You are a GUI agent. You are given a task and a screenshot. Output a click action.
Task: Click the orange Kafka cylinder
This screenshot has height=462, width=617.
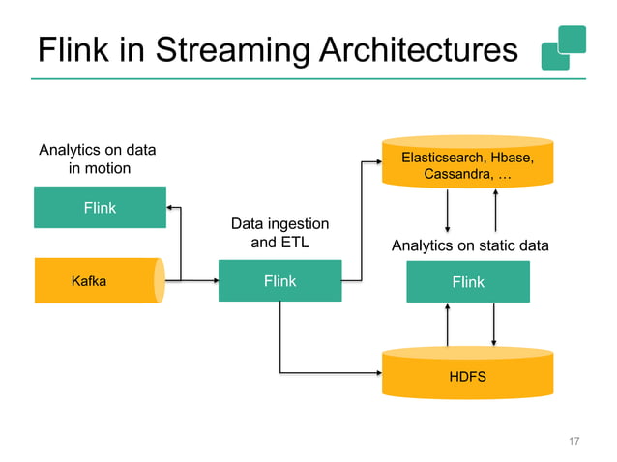point(97,281)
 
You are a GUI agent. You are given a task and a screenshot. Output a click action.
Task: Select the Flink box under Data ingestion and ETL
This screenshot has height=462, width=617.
point(279,281)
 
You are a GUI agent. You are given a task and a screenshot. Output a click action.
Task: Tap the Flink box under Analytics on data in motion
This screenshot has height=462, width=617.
point(100,208)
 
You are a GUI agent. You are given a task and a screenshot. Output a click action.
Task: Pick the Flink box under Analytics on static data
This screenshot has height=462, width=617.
point(467,282)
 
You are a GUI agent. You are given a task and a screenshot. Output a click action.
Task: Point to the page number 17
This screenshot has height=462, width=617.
point(573,442)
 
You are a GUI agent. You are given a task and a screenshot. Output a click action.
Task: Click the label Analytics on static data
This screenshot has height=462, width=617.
point(469,246)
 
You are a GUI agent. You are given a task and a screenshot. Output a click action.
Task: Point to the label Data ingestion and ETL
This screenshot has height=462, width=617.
point(279,233)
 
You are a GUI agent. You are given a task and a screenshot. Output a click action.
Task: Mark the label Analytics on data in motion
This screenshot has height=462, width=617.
point(97,159)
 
